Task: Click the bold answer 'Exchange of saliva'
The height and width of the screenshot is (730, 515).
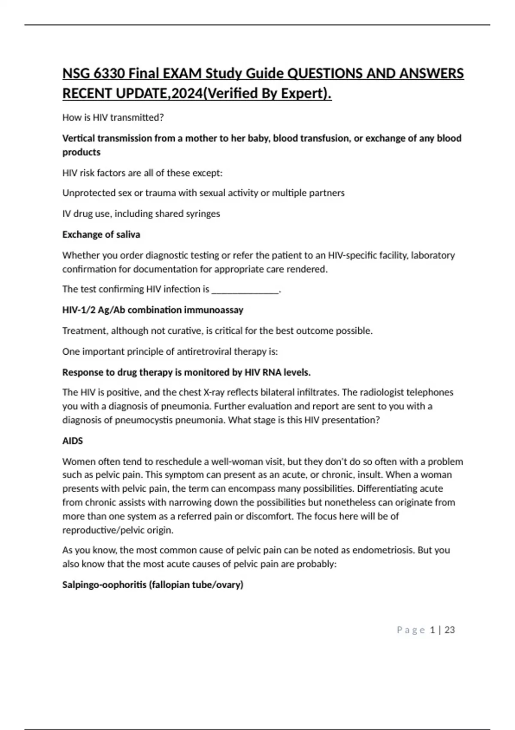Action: [x=101, y=234]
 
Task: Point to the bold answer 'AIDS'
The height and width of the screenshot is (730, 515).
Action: [x=73, y=441]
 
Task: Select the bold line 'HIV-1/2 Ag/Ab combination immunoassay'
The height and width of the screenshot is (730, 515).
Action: [x=153, y=310]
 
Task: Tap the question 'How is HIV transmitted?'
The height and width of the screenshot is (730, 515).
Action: [x=113, y=118]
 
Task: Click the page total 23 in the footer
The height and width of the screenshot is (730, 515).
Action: [x=449, y=630]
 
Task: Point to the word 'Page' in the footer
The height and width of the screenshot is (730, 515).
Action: [x=411, y=630]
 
